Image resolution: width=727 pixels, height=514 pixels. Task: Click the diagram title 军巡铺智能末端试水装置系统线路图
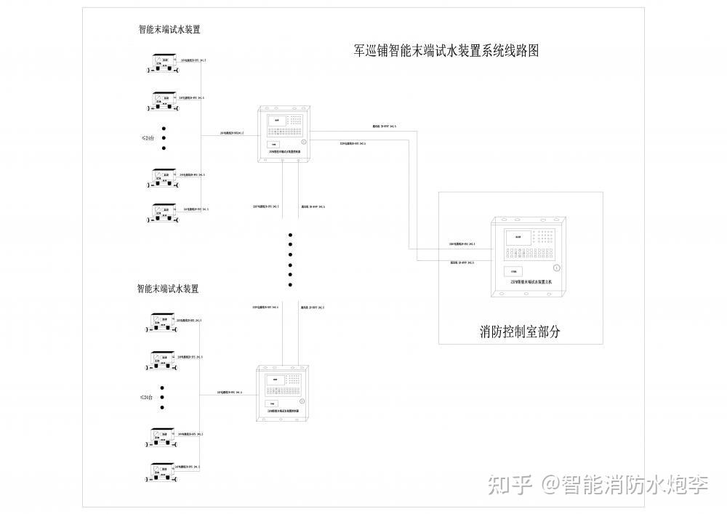point(446,52)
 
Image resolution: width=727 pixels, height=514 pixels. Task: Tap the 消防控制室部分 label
point(520,332)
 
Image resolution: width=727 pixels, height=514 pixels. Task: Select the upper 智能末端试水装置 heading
point(169,31)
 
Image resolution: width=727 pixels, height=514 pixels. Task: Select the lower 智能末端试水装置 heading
point(168,289)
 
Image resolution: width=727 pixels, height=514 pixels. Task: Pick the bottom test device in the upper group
point(164,212)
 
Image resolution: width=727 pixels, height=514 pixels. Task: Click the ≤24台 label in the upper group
point(148,137)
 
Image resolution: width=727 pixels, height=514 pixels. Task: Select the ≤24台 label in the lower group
point(148,398)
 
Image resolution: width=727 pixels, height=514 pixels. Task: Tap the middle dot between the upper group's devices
point(164,137)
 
